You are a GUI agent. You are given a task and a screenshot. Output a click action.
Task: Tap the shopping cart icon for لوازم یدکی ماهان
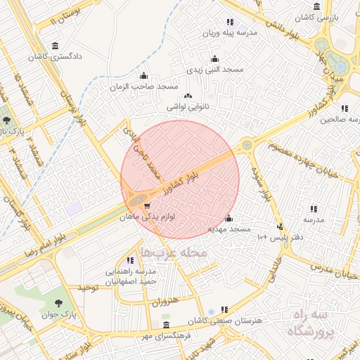pyautogui.click(x=146, y=206)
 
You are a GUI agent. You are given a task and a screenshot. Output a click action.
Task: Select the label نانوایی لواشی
pyautogui.click(x=186, y=108)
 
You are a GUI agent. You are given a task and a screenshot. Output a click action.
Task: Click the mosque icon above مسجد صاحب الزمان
pyautogui.click(x=144, y=76)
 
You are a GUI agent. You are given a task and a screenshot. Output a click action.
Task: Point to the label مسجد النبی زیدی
pyautogui.click(x=214, y=70)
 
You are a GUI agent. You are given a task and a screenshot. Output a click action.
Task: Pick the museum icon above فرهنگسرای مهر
pyautogui.click(x=166, y=325)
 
